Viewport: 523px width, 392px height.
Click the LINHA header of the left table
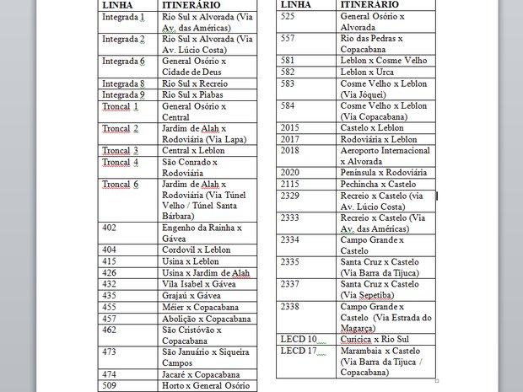pyautogui.click(x=116, y=5)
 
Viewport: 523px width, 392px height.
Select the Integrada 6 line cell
pyautogui.click(x=124, y=62)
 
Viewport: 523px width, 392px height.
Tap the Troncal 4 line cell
pyautogui.click(x=120, y=162)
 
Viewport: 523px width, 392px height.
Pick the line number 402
pyautogui.click(x=110, y=228)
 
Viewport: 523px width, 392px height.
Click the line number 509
pyautogui.click(x=110, y=385)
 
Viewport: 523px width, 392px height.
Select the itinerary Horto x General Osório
pyautogui.click(x=206, y=385)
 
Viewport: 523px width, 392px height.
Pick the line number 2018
pyautogui.click(x=290, y=149)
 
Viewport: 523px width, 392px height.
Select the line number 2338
pyautogui.click(x=290, y=306)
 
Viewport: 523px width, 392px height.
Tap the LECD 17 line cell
pyautogui.click(x=299, y=350)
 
